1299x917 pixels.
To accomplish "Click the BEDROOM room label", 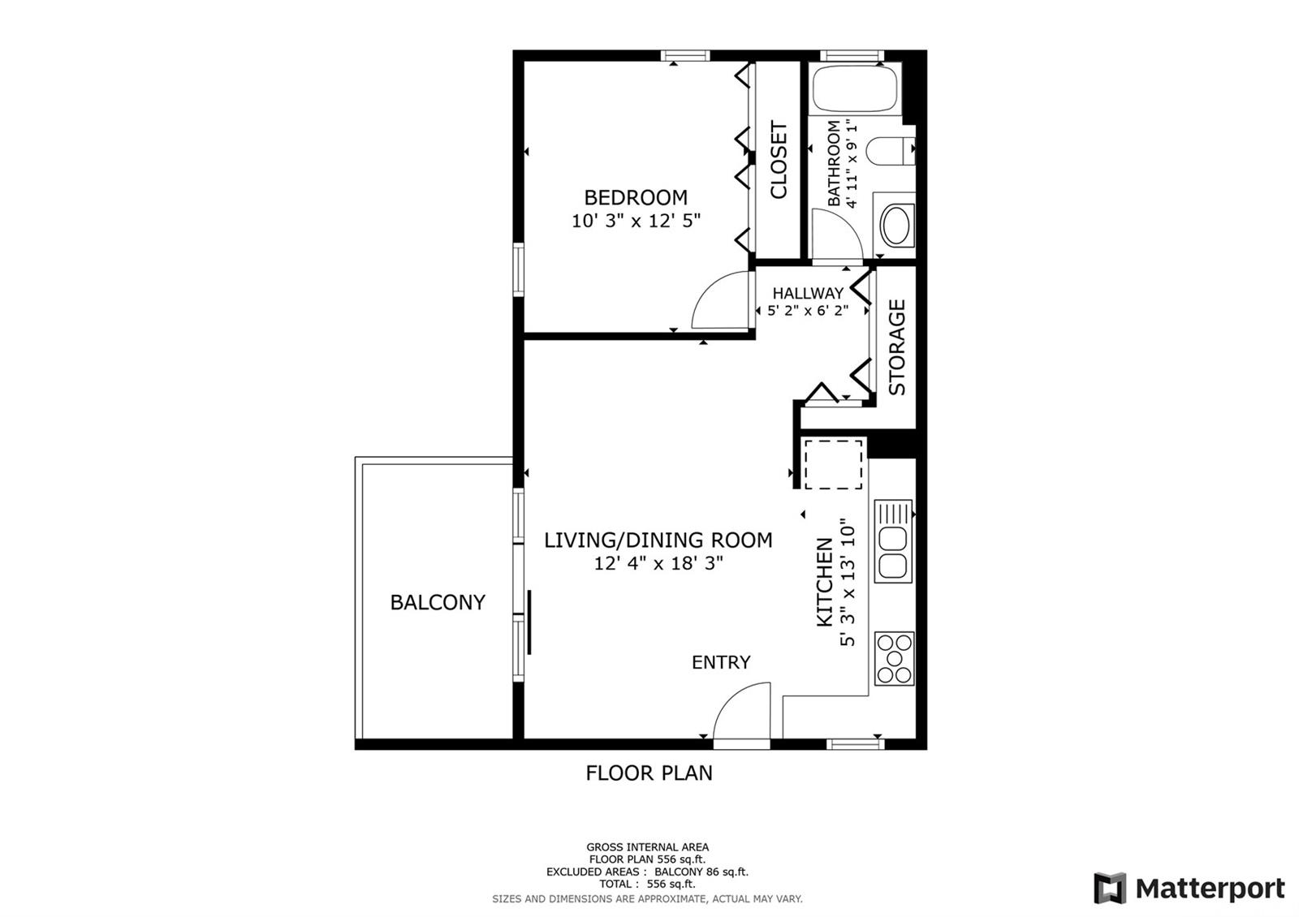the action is coord(636,198).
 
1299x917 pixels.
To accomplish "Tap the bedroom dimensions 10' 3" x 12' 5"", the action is coord(637,221).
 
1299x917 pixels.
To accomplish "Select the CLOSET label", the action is coord(779,160).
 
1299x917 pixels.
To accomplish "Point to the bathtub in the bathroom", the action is coord(855,88).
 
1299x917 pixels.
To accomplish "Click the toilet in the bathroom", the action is coord(890,151).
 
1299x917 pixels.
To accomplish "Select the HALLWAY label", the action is coord(808,293).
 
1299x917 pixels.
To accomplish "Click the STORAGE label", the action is coord(896,347).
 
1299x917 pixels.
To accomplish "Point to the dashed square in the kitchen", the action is coord(833,464).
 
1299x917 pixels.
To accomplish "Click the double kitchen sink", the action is coord(894,540).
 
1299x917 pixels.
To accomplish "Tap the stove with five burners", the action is coord(894,659).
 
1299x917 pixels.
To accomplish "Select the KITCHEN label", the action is coord(825,582).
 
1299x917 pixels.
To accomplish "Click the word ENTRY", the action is coord(721,662).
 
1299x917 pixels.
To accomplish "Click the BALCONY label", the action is coord(438,602).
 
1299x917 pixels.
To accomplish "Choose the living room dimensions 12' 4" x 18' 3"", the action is coord(658,563).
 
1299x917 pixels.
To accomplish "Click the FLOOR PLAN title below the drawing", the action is coord(649,773).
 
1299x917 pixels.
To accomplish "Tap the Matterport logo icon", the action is coord(1110,888).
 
